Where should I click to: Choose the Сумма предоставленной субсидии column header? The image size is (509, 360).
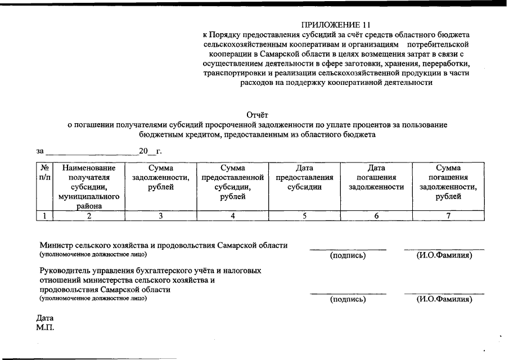pos(232,182)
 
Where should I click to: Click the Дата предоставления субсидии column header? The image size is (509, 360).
pos(304,177)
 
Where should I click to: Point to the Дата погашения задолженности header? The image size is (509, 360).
pos(376,177)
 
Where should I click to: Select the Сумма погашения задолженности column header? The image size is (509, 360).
pos(448,182)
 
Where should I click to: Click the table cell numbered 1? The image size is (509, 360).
pos(44,215)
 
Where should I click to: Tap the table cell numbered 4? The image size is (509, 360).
pos(232,215)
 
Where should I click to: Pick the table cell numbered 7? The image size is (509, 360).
pos(448,215)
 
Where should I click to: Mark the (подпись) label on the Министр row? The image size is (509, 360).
pos(348,256)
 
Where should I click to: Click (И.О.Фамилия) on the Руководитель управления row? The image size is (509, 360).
pos(444,299)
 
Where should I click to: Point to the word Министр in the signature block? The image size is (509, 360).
pos(55,245)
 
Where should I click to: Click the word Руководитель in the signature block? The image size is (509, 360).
pos(64,271)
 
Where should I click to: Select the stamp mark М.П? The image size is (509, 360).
pos(45,327)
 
